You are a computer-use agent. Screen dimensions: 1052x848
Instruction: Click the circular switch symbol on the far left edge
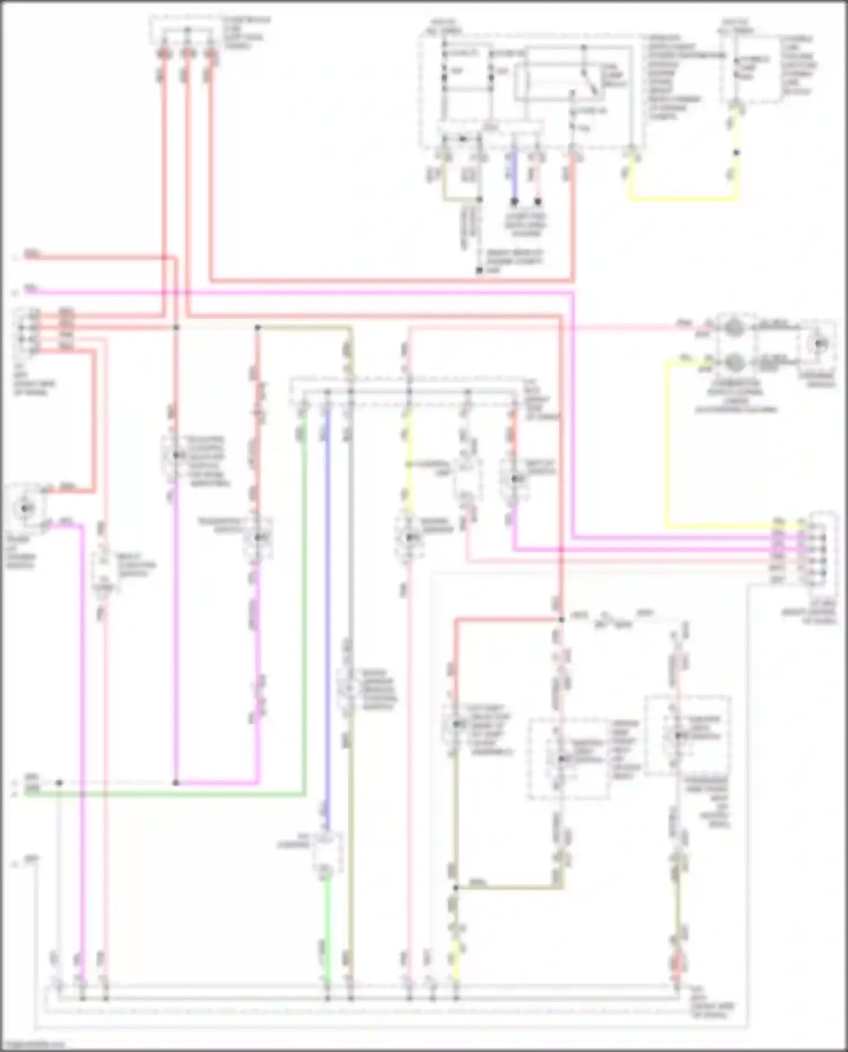point(25,509)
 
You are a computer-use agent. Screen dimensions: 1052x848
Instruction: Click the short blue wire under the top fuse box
point(514,176)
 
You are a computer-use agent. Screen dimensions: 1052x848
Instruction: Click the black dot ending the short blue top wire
point(514,201)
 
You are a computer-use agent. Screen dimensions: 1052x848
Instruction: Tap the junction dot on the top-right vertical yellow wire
point(735,153)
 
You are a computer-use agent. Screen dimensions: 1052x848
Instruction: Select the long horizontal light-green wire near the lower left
point(170,794)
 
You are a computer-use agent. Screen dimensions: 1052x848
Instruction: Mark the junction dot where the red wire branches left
point(561,620)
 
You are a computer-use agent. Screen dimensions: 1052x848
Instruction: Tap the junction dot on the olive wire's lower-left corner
point(456,888)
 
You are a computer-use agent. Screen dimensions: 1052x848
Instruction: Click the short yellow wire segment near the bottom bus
point(456,961)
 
